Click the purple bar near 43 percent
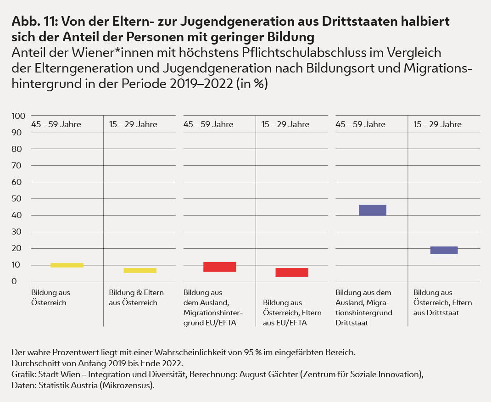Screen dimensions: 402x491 pos(372,210)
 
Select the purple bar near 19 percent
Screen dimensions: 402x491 pos(444,250)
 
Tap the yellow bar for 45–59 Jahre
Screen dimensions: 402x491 pos(67,265)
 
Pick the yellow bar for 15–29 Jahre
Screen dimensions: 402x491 pos(140,270)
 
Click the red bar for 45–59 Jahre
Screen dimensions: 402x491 pos(219,267)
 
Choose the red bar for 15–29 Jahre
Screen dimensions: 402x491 pos(292,272)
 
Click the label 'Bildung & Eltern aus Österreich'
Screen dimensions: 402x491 pos(136,297)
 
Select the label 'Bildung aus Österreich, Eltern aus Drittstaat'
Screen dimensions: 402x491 pos(442,302)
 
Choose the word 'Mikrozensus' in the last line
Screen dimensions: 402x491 pos(131,385)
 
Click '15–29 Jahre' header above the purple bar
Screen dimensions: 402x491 pos(437,124)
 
